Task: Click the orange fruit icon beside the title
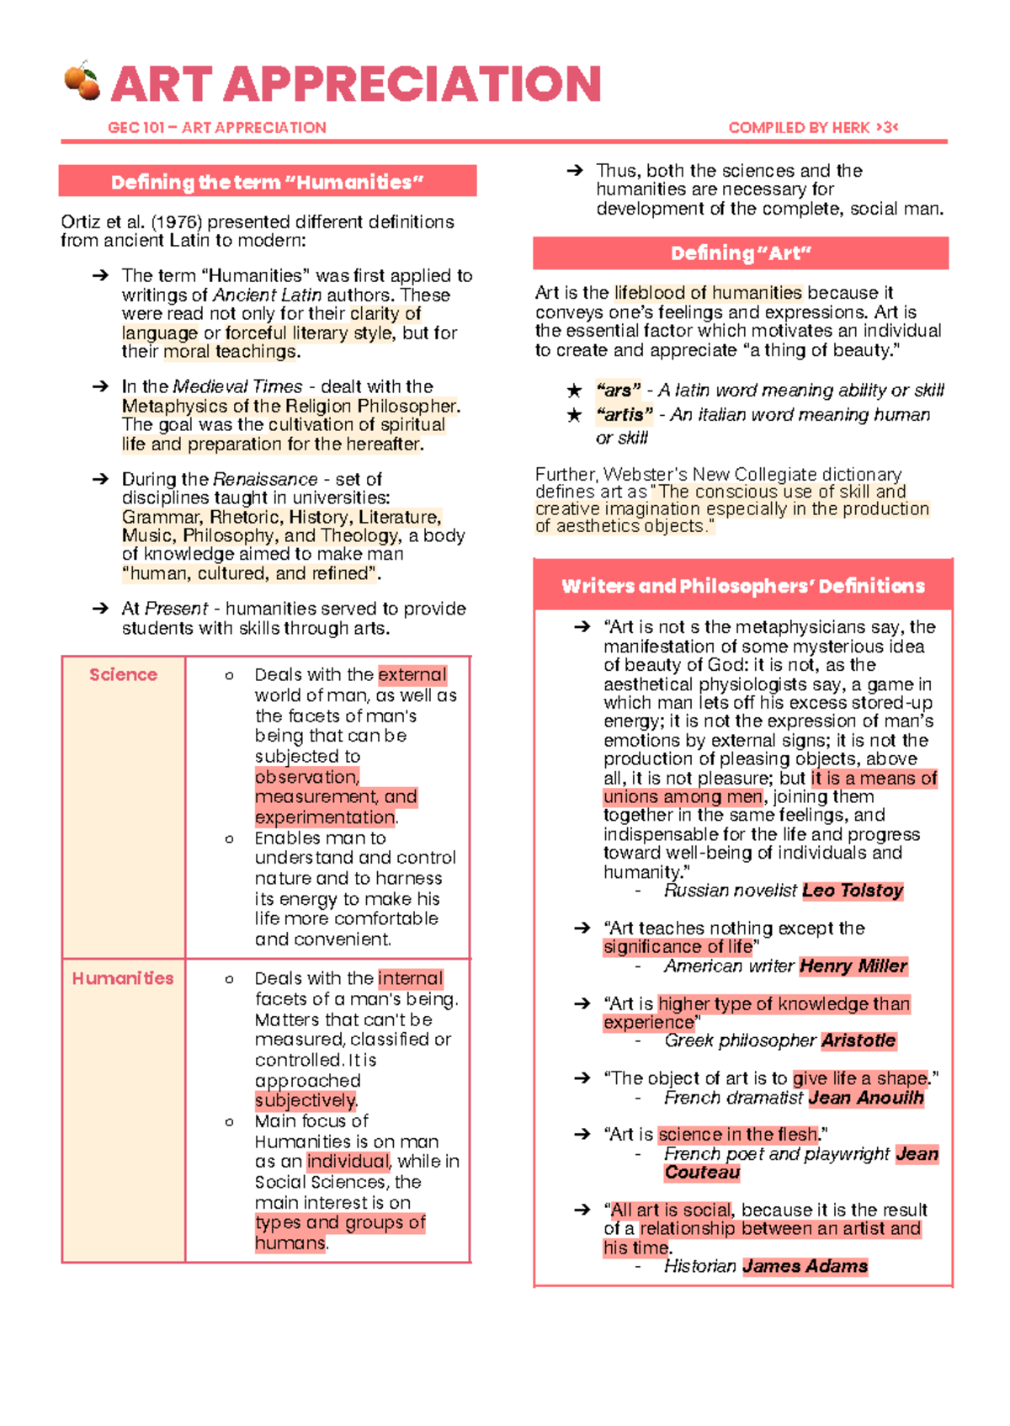82,82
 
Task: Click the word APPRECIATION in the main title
412,84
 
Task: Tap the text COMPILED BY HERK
799,128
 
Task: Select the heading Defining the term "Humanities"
267,182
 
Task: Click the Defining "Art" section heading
741,253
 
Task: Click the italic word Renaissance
265,479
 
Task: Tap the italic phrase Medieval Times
237,386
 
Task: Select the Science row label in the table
123,674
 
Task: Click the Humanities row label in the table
123,978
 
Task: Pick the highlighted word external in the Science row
412,675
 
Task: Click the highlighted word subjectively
306,1100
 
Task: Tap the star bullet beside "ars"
574,391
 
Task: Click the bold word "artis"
624,415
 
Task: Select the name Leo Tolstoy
852,891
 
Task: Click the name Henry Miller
853,966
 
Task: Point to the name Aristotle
858,1040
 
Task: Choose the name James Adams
805,1266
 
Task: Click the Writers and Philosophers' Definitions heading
742,586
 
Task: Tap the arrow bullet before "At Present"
100,609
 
